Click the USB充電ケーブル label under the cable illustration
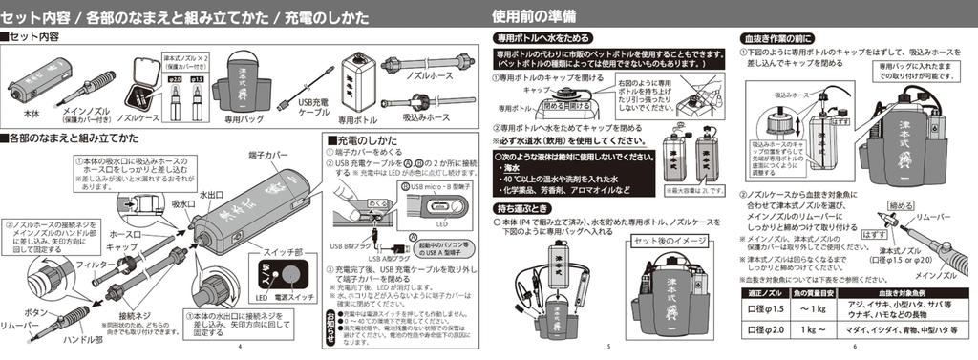314,106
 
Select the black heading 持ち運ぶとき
522,207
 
